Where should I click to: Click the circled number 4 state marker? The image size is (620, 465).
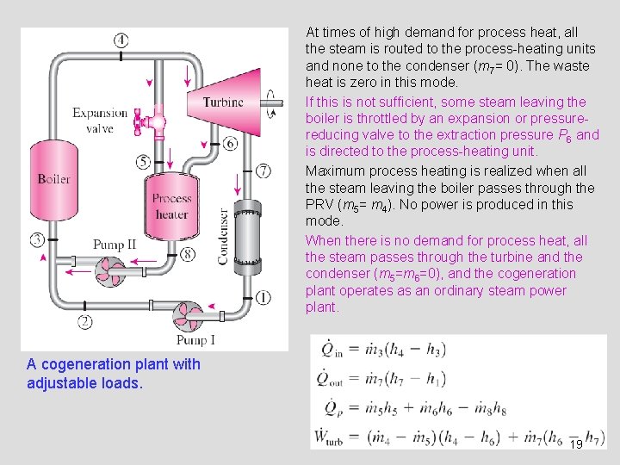121,40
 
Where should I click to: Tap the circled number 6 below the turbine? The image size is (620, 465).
230,144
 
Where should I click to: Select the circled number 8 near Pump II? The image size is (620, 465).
188,254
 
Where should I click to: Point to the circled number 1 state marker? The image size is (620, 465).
263,297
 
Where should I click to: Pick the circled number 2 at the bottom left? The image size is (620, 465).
85,322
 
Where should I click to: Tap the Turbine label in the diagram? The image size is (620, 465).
223,102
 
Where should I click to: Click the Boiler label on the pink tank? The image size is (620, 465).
53,179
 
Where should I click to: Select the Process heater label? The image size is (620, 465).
171,206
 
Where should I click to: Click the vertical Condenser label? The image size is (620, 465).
224,235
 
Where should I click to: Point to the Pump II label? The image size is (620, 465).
114,245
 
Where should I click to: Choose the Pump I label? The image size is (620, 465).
195,340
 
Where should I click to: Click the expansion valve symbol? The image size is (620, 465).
157,120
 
